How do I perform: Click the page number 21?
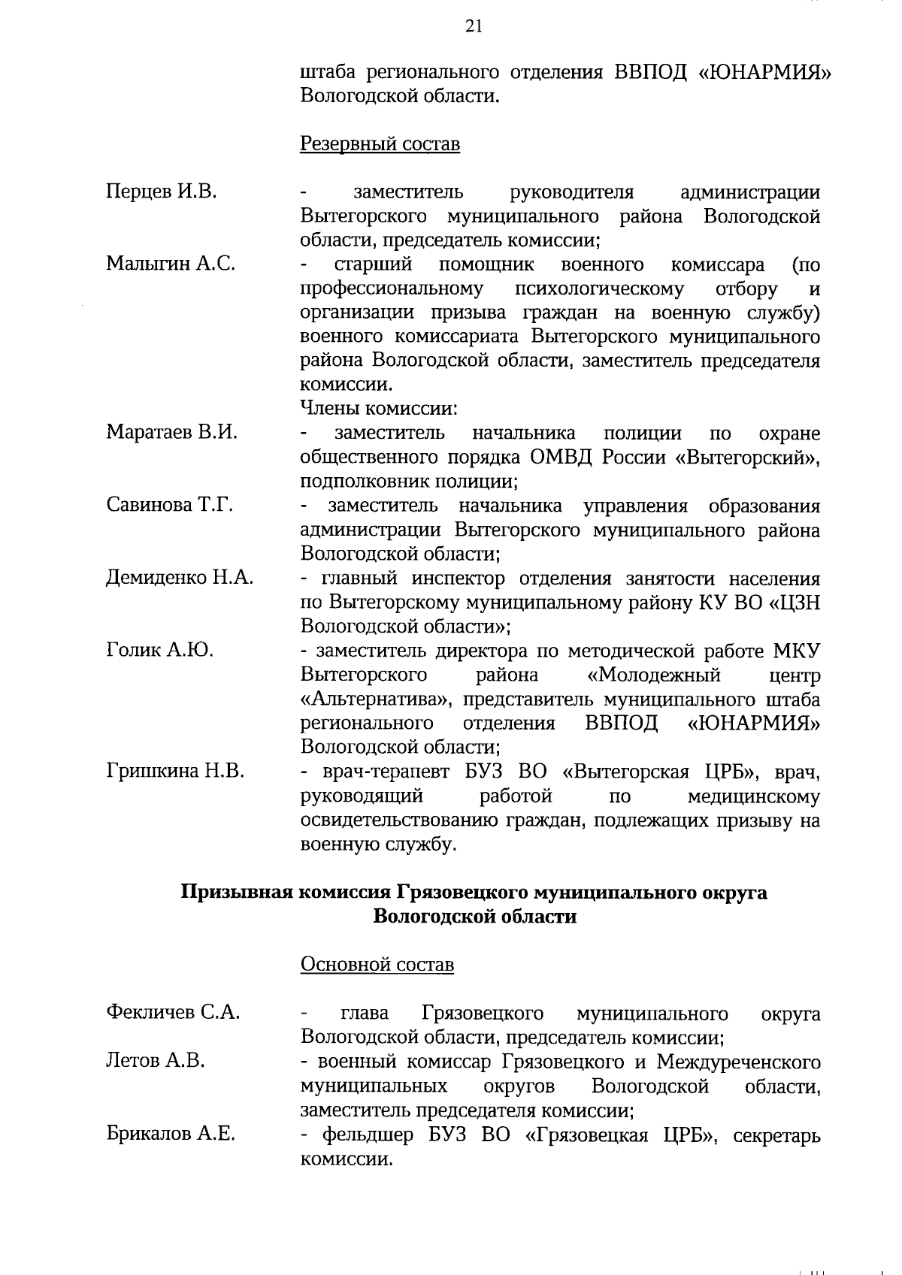click(x=474, y=28)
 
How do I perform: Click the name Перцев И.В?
click(x=161, y=192)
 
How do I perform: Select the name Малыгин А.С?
click(x=171, y=264)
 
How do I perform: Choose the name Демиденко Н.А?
click(x=180, y=577)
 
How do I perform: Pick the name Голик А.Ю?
click(x=159, y=650)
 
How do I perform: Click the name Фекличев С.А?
click(x=173, y=1012)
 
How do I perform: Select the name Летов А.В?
click(x=155, y=1061)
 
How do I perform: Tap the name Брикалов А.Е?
click(x=171, y=1134)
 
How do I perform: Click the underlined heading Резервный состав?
click(x=380, y=144)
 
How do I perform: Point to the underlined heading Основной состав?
click(x=377, y=964)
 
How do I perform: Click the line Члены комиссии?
click(x=379, y=409)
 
